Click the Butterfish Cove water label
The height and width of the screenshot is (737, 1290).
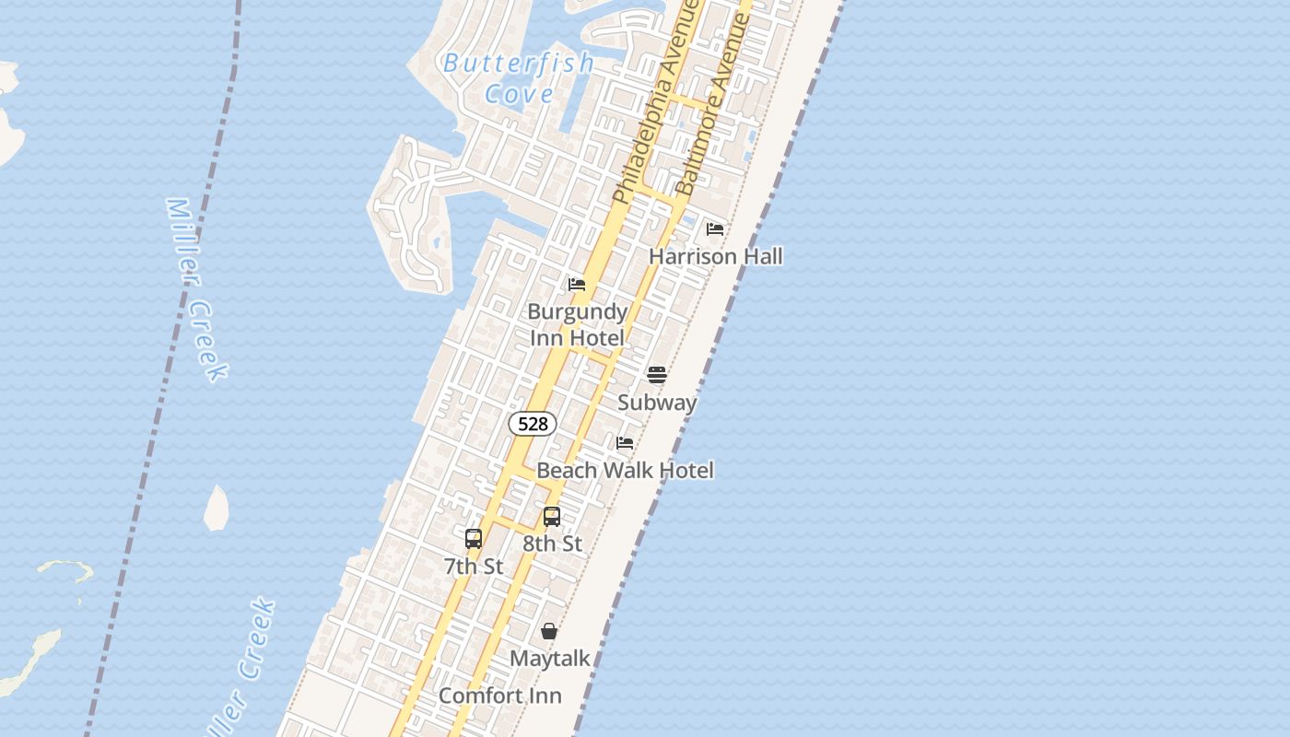tap(519, 78)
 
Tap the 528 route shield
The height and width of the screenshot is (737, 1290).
tap(533, 424)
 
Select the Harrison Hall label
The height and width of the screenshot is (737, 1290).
tap(716, 256)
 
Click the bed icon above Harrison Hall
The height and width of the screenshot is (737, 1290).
tap(715, 228)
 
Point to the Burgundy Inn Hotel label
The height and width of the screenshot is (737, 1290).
tap(578, 324)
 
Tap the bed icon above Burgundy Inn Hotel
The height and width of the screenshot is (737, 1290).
tap(577, 284)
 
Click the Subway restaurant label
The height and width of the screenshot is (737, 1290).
tap(657, 403)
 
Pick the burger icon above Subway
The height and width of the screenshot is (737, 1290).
tap(657, 374)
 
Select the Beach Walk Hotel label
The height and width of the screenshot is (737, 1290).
tap(625, 471)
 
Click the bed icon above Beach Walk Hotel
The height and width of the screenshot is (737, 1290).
tap(625, 443)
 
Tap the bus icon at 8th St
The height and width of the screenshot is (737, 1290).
tap(552, 517)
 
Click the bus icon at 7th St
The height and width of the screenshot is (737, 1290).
tap(474, 539)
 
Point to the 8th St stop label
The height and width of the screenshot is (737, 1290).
tap(553, 544)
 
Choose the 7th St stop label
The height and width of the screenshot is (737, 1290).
tap(474, 567)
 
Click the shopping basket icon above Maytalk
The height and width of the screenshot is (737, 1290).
tap(549, 631)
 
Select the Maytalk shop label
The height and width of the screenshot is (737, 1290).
tap(550, 659)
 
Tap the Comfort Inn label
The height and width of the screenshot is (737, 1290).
tap(500, 696)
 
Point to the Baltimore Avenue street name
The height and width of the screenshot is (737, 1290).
tap(715, 106)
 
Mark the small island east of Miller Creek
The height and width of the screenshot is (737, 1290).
tap(217, 508)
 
